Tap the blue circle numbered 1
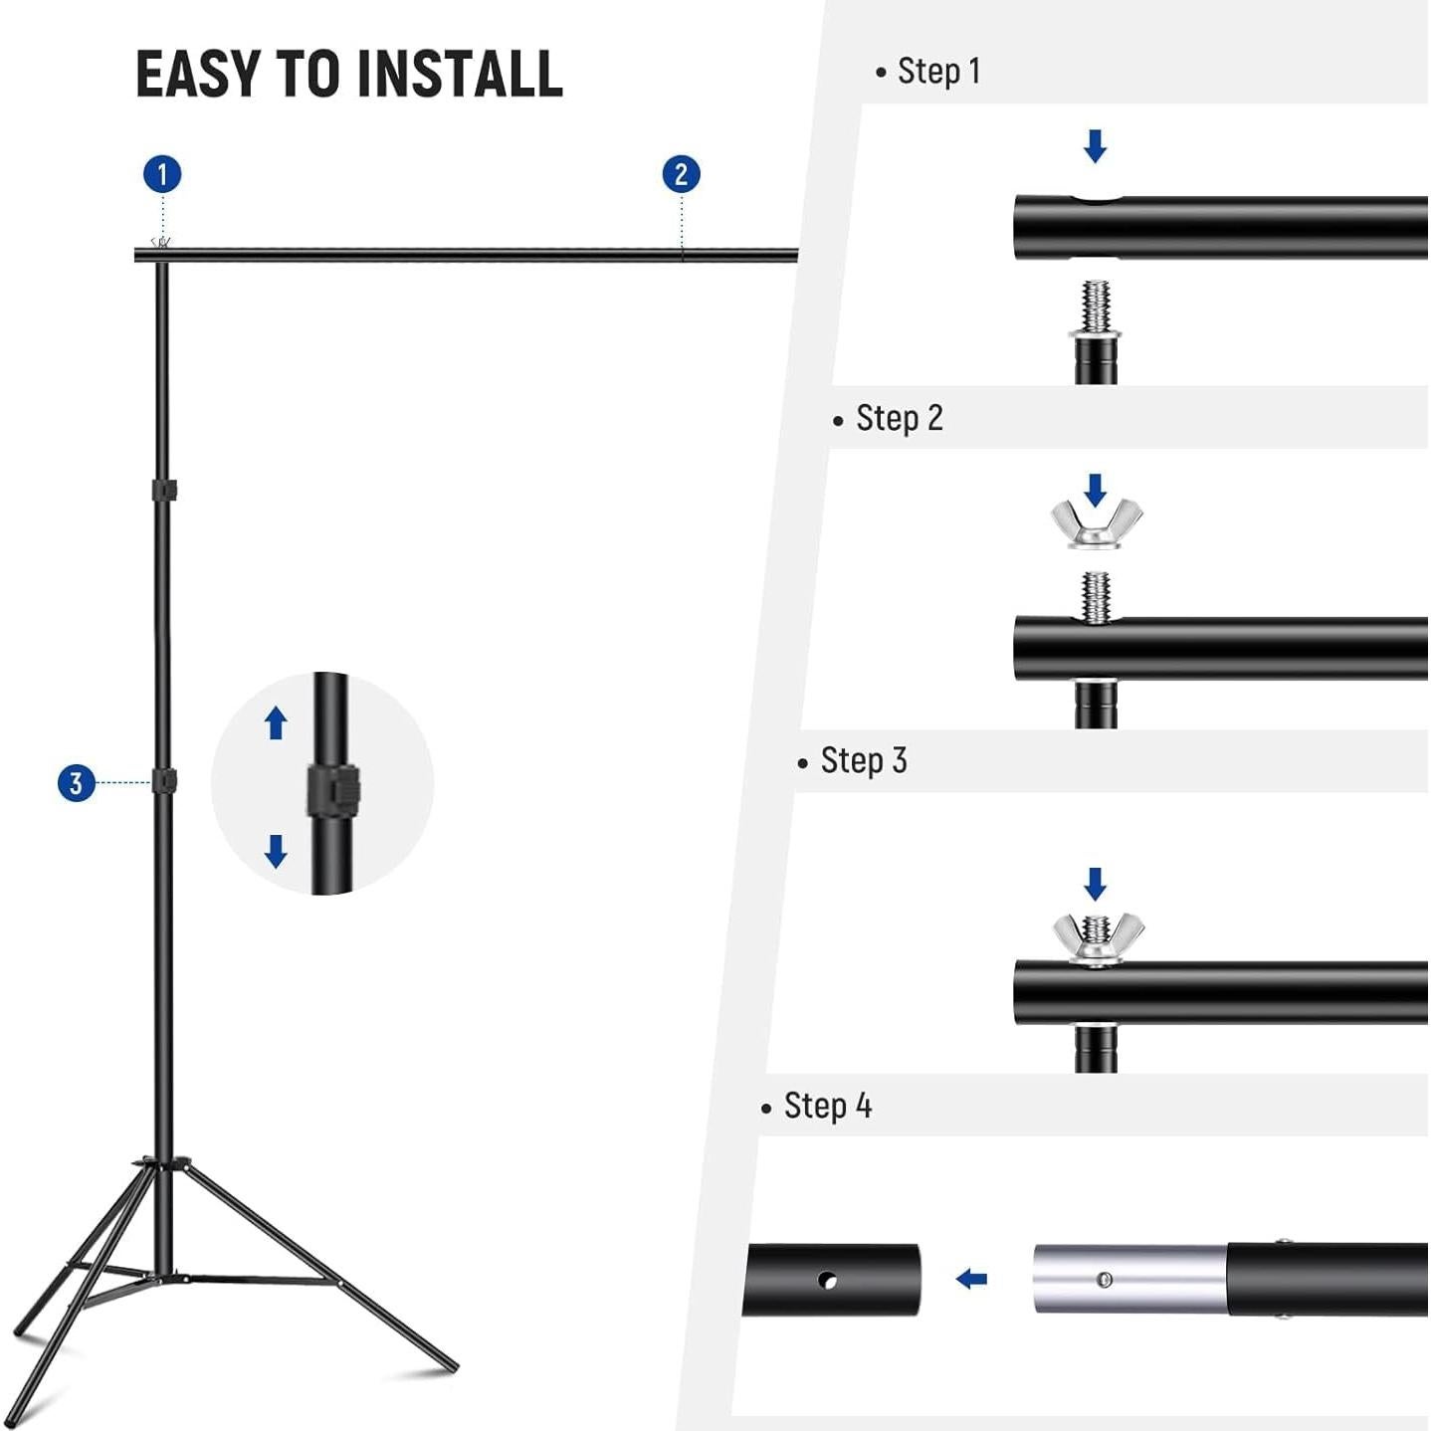click(x=162, y=174)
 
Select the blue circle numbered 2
click(x=681, y=174)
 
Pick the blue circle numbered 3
click(x=76, y=783)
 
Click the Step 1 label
click(x=937, y=72)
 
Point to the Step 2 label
click(x=899, y=419)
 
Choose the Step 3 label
click(x=863, y=761)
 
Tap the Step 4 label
click(x=827, y=1107)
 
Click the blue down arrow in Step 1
click(x=1095, y=145)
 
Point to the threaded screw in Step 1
click(x=1096, y=307)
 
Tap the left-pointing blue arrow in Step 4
click(x=971, y=1279)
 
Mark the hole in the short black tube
click(x=827, y=1280)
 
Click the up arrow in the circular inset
click(x=276, y=723)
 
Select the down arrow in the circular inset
click(x=276, y=851)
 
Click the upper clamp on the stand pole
click(x=164, y=491)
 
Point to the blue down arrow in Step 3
click(x=1095, y=883)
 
